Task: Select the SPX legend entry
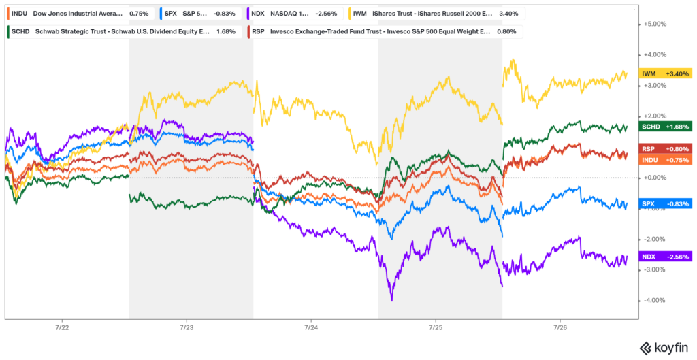coord(170,13)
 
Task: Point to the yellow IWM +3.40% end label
coord(666,73)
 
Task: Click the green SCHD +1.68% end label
coord(666,127)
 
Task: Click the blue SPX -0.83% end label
coord(666,203)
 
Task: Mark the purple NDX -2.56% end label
coord(666,257)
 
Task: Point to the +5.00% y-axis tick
coord(656,24)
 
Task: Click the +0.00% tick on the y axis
coord(656,178)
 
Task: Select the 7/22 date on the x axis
coord(62,327)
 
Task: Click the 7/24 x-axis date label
coord(310,327)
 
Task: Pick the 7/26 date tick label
coord(559,327)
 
